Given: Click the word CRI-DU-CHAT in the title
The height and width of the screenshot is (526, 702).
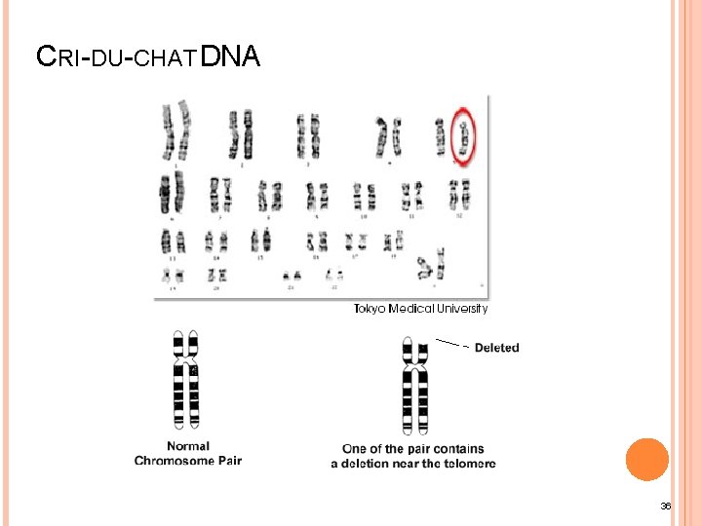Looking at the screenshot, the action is (115, 58).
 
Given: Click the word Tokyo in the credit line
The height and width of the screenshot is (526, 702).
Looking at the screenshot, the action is (370, 309).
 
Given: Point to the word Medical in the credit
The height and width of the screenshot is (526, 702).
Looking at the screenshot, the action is (409, 309).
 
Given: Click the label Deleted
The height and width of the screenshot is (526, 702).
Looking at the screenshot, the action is (497, 348).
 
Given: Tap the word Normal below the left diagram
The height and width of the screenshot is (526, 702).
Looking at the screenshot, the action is (186, 447).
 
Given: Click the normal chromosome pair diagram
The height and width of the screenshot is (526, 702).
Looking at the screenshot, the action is (185, 381).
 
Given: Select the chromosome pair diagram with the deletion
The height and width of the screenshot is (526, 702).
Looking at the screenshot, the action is (415, 385).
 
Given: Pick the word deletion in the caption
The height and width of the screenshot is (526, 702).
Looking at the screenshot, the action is (384, 464).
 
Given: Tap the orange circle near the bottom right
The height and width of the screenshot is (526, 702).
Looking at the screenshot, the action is (646, 459).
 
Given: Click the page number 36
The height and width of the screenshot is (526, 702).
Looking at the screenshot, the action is (666, 507).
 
